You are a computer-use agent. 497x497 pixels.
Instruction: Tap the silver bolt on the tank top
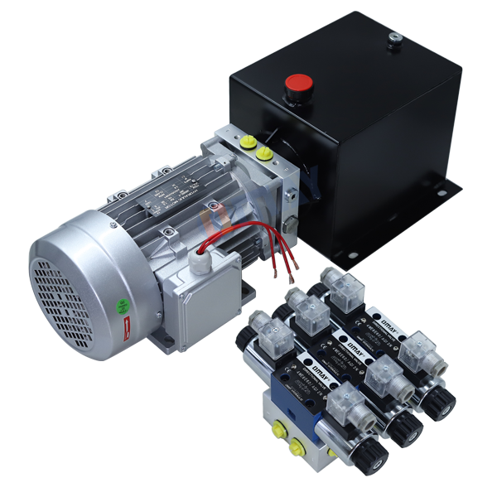coord(395,36)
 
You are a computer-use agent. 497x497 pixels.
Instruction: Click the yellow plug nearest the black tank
coord(264,154)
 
